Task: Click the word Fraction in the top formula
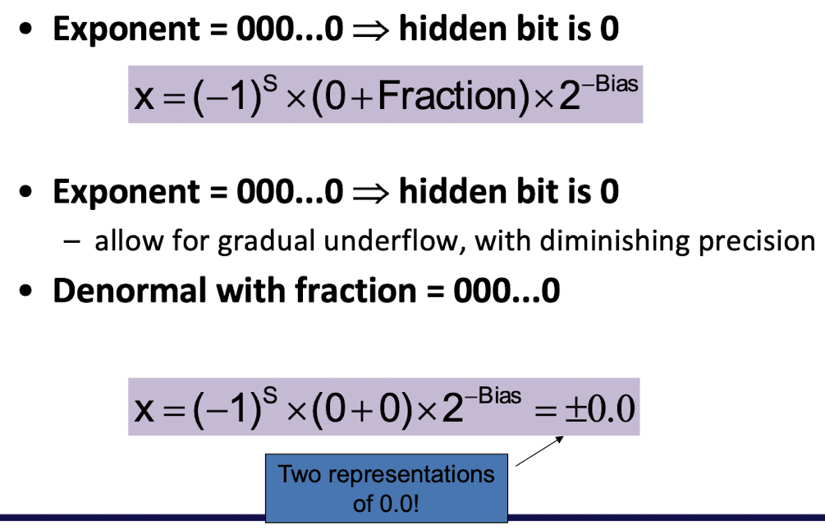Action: (448, 96)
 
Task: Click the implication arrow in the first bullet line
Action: (370, 30)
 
